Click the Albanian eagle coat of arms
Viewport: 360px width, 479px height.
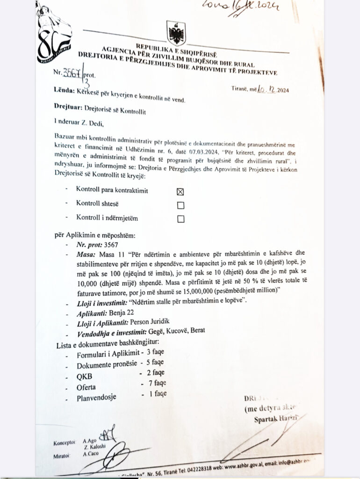click(176, 33)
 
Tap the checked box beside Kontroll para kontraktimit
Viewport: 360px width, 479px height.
click(180, 191)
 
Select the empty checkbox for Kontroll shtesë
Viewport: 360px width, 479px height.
click(180, 205)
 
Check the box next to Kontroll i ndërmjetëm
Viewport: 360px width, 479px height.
click(180, 218)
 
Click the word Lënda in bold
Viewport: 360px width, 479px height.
click(64, 99)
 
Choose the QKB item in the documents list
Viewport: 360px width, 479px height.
click(84, 377)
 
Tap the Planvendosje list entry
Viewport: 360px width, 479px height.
click(97, 399)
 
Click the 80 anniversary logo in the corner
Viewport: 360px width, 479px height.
click(53, 35)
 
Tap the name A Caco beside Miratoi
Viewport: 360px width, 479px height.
click(90, 454)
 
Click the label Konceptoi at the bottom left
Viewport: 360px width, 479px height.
click(64, 441)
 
